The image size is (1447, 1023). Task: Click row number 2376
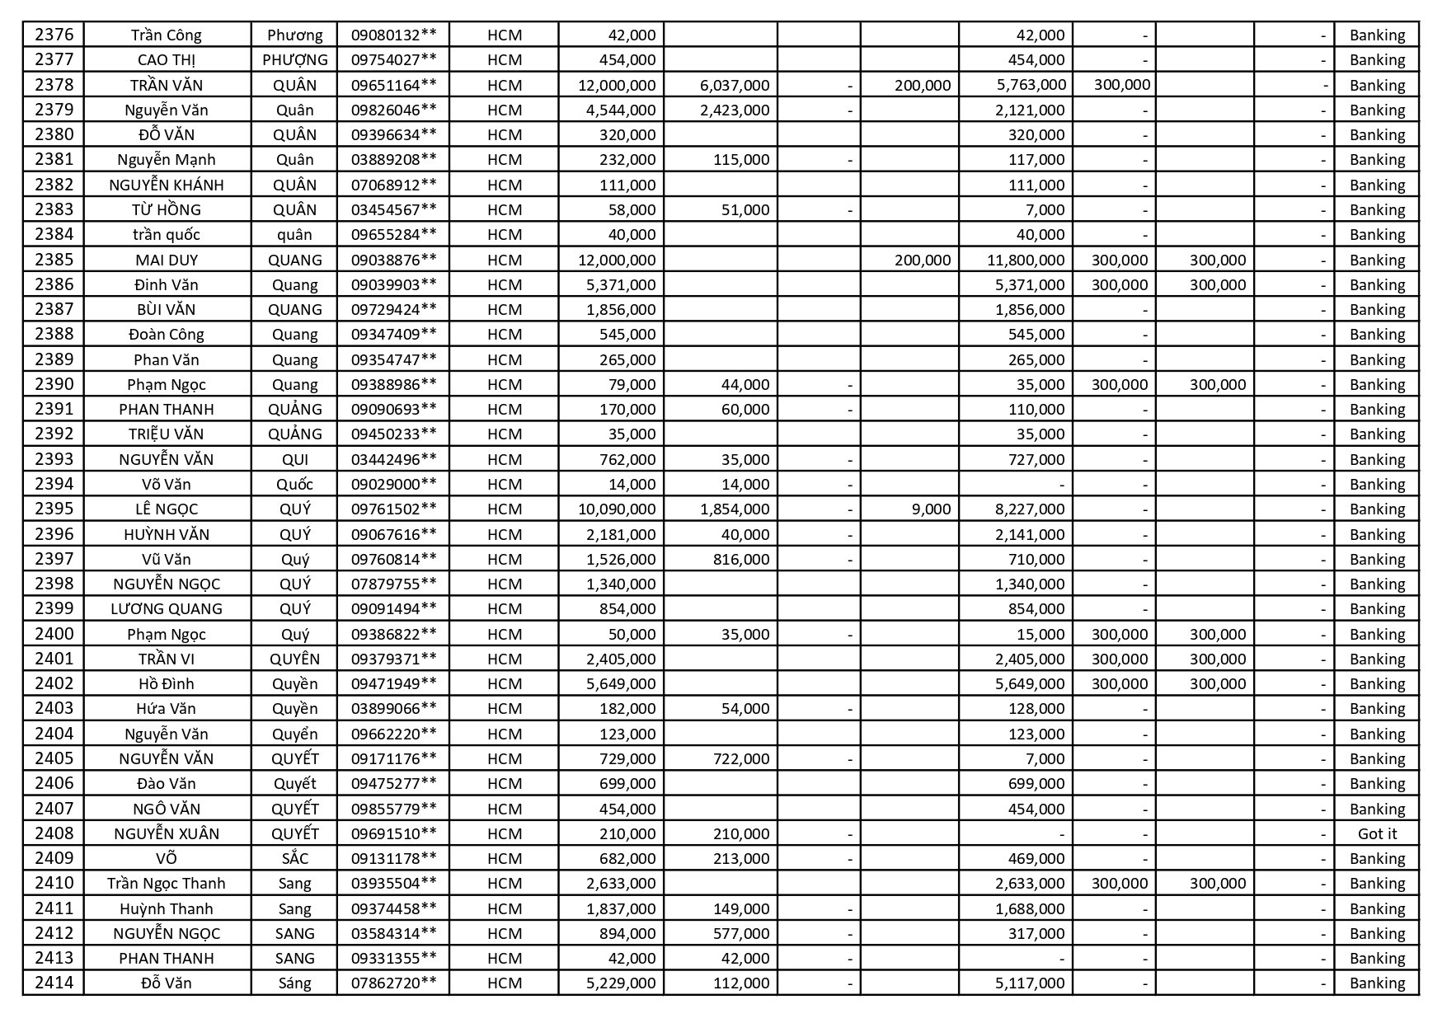[x=54, y=35]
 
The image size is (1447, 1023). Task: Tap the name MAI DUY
[x=167, y=260]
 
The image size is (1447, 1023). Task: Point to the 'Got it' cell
[x=1376, y=833]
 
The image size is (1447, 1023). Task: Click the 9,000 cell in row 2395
[x=931, y=509]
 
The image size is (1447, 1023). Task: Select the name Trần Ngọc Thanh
[x=167, y=883]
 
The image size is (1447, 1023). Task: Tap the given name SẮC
[x=294, y=858]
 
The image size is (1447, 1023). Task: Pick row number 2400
[x=54, y=634]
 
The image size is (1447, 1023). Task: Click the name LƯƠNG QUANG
[x=167, y=608]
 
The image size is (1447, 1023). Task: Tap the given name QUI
[x=294, y=459]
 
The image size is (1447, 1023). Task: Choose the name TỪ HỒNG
[x=167, y=209]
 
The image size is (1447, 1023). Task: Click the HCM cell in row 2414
[x=504, y=983]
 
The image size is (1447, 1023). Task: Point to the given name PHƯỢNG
[x=294, y=59]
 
